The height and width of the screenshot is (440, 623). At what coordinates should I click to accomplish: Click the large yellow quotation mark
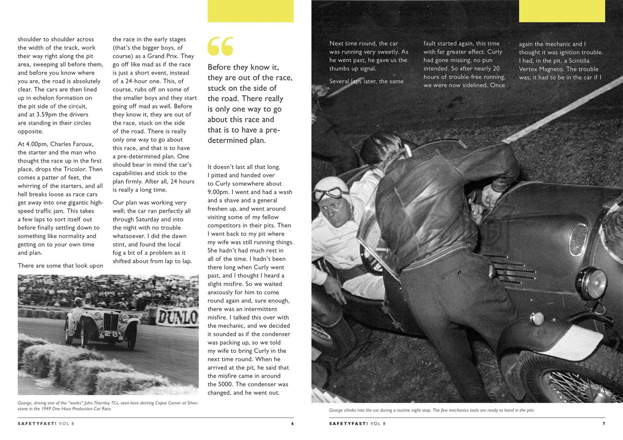pos(220,46)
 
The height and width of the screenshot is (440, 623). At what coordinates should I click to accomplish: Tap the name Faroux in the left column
pos(82,144)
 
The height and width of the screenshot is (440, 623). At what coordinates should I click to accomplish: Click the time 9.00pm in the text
pos(220,192)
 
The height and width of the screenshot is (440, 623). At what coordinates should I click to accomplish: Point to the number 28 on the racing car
pos(111,334)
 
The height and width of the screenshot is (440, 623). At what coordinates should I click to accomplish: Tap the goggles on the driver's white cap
pos(329,193)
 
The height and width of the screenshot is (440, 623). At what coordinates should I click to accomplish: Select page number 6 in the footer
pos(292,424)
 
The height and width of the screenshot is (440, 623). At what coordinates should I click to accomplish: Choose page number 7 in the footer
pos(603,424)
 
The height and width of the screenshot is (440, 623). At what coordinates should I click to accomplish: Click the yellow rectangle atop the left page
pos(250,11)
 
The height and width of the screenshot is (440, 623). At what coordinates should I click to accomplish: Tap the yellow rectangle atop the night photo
pos(562,11)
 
